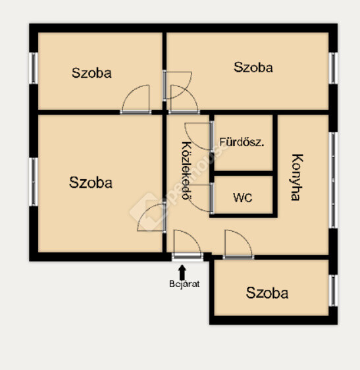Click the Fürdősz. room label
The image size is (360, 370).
(242, 142)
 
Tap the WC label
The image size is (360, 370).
(243, 198)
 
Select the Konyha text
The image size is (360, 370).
(296, 177)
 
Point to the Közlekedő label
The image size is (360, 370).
(187, 171)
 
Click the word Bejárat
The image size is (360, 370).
(184, 284)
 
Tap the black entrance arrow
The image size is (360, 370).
(182, 272)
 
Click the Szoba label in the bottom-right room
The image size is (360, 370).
(267, 293)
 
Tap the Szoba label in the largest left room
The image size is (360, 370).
(91, 182)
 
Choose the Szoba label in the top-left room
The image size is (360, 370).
(91, 73)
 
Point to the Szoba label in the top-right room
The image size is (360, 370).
(253, 67)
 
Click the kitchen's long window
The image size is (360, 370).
(333, 180)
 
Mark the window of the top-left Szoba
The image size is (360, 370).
(34, 68)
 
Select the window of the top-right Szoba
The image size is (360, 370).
(333, 68)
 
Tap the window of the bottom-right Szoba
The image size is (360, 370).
(333, 290)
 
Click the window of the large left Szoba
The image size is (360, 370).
(34, 182)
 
